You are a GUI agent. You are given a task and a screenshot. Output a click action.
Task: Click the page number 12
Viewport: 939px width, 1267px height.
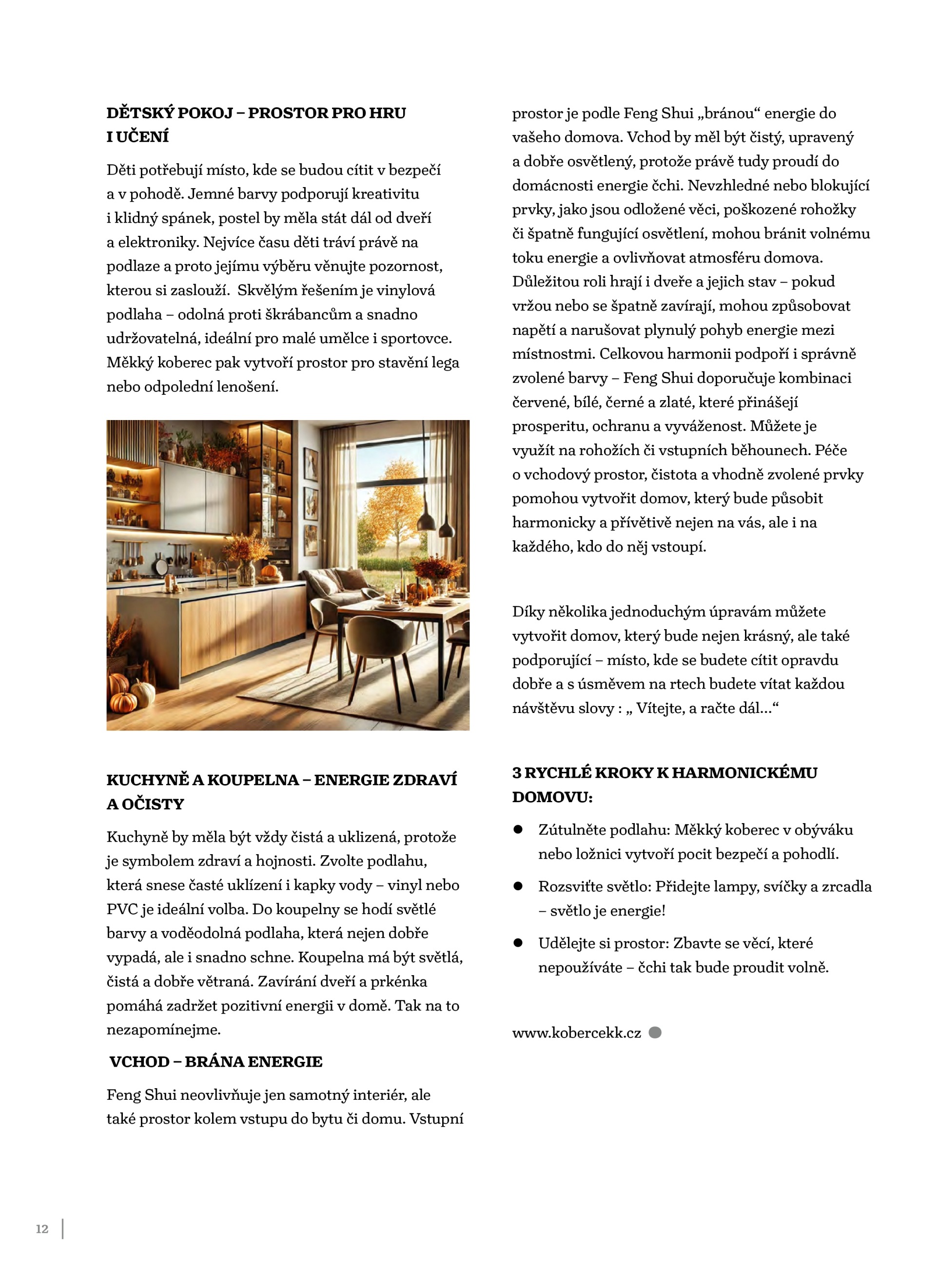42,1229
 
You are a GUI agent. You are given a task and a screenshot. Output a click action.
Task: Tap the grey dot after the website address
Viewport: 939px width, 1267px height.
655,1032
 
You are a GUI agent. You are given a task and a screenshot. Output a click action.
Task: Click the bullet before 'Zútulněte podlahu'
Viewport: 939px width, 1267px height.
518,829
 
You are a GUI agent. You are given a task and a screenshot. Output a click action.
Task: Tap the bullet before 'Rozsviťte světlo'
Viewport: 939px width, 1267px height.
518,886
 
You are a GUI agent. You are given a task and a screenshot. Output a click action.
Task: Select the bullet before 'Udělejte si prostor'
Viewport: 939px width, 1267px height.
518,943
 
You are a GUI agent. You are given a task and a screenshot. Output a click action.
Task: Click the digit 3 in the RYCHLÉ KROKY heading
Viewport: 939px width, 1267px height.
517,773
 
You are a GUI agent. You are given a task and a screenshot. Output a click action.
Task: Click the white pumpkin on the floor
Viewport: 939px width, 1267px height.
143,692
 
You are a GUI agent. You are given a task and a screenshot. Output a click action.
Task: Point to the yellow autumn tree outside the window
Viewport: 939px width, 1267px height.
392,500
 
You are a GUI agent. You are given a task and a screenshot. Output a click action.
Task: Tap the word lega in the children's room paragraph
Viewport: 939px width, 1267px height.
445,363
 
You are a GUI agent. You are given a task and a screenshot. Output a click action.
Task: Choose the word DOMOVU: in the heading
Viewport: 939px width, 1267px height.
552,797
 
